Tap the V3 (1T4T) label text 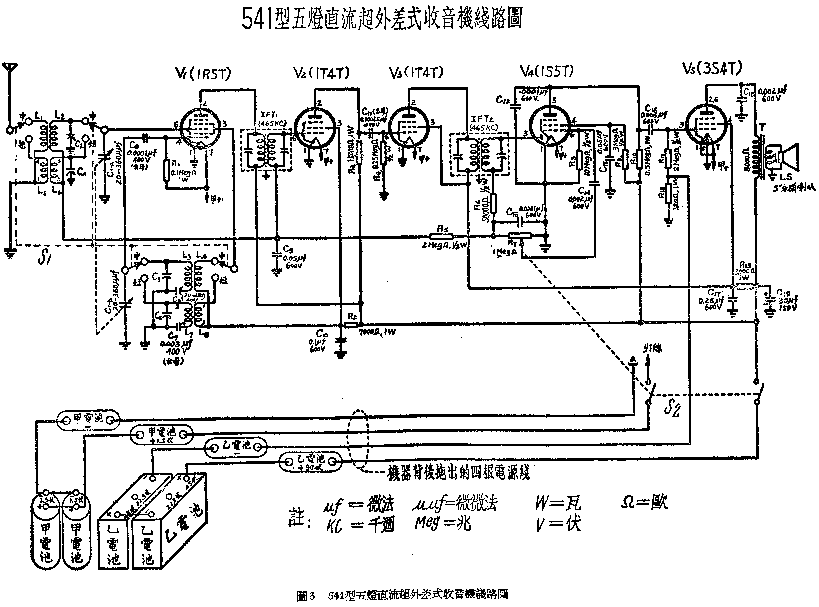coord(416,72)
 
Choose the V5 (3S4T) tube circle coord(706,125)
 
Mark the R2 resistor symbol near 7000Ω coord(352,325)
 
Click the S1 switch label coord(44,258)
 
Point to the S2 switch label coord(672,408)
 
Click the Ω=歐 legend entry coord(644,502)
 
